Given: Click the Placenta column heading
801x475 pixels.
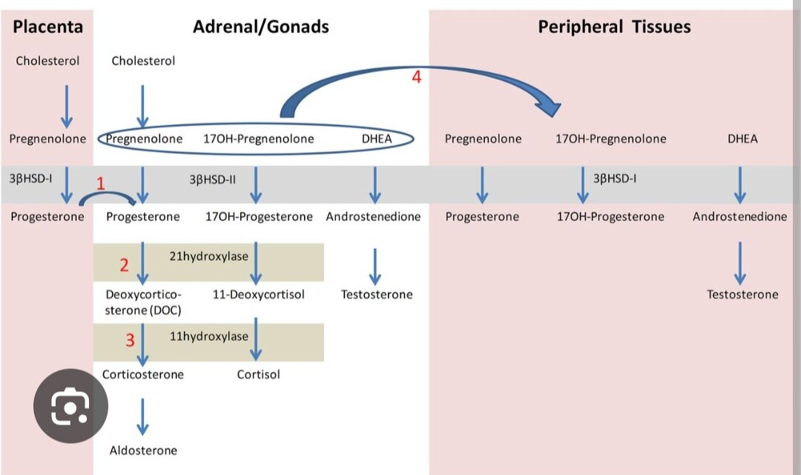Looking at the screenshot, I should point(47,27).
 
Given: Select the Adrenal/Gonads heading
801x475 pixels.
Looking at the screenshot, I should point(261,27).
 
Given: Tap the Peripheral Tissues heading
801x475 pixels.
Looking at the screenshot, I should point(614,27).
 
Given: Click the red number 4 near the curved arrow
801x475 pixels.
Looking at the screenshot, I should point(417,77).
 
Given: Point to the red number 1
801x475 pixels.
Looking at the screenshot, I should point(102,185).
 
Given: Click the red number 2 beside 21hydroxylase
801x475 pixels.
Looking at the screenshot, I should point(125,265).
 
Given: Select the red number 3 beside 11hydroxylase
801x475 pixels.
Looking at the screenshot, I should point(130,340).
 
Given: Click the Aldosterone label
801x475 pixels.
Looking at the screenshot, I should point(143,450).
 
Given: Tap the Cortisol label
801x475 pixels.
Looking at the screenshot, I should point(258,374).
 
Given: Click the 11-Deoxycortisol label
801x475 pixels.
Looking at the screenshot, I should point(259,294).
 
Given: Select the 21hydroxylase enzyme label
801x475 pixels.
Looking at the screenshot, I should point(209,256).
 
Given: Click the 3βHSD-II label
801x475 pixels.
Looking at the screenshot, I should point(213,179).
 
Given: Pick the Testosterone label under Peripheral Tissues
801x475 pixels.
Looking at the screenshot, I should point(742,294).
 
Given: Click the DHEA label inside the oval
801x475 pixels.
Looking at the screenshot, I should point(377,139).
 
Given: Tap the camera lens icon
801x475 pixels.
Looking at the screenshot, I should point(70,406).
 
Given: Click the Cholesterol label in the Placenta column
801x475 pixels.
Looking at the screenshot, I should point(47,61).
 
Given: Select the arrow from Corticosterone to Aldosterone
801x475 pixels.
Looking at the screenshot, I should point(143,418).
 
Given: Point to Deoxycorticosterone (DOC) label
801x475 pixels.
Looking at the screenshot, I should point(143,302).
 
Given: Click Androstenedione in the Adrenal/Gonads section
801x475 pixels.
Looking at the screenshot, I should point(373,216).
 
